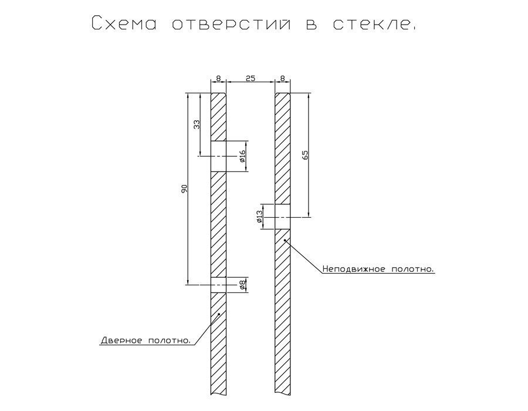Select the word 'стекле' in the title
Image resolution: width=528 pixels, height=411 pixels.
[x=368, y=23]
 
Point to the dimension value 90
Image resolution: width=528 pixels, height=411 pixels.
[x=184, y=188]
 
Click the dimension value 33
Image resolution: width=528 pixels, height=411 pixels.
[x=197, y=124]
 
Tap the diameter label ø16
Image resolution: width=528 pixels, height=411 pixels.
[x=242, y=156]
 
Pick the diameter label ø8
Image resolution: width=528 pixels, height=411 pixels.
[x=242, y=285]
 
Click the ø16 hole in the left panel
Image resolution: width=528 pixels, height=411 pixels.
[x=218, y=156]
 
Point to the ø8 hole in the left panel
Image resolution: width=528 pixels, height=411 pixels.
[x=218, y=285]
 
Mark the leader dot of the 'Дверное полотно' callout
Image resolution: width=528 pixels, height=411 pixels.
[x=218, y=314]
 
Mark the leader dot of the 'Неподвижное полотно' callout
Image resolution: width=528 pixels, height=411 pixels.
[x=284, y=240]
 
